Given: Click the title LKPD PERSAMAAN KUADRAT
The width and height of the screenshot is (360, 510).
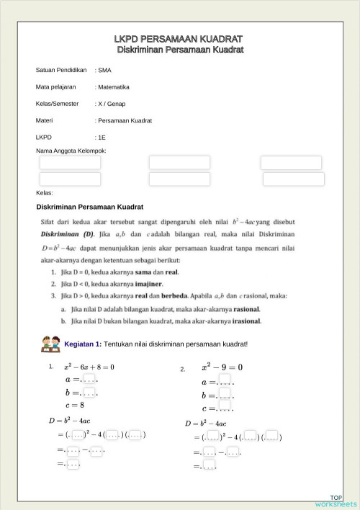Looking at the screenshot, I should pos(180,38).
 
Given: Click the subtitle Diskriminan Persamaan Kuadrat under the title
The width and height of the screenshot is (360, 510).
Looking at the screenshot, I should pos(180,50).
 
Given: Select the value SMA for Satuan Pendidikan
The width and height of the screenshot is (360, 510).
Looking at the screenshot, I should pos(104,71).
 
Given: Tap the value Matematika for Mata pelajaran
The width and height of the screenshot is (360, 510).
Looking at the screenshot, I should pos(113,87).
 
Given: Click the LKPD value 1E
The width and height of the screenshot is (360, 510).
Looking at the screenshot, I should pos(102,137).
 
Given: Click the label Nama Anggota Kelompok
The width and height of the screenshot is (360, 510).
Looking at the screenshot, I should pos(71,151).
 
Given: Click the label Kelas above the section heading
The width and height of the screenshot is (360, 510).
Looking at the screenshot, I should pos(45,193).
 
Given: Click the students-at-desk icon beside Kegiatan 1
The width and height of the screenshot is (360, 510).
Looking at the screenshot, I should pos(51,342).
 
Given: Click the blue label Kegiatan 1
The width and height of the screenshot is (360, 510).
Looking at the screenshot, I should pos(83,344).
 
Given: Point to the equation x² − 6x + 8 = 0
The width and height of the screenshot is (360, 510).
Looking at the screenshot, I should pos(89,367).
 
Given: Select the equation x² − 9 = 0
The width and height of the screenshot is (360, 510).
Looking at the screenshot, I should pos(222,367).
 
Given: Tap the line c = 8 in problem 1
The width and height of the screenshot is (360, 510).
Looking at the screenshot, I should pos(74,405).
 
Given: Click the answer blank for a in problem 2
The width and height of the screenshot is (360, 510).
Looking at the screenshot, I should pos(225,382).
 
